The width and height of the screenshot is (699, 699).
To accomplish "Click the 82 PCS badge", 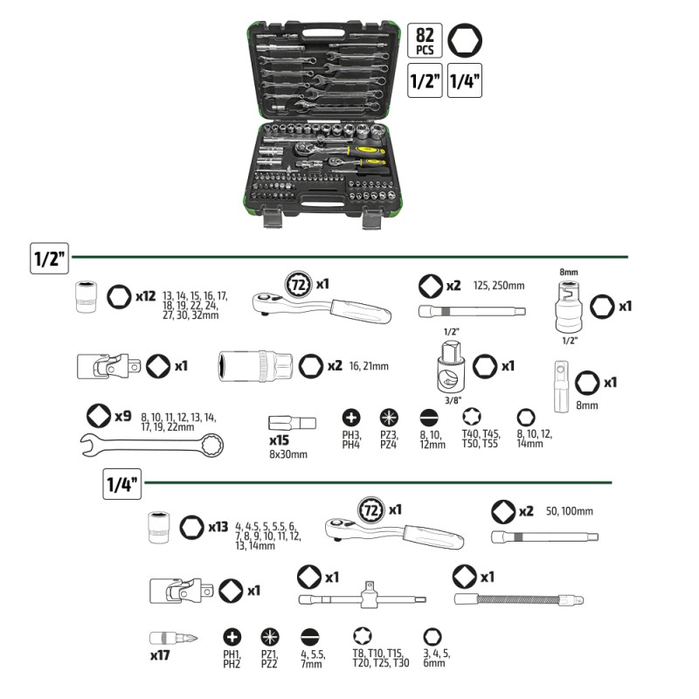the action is [x=425, y=40].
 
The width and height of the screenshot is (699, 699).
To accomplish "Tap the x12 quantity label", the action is [x=146, y=296].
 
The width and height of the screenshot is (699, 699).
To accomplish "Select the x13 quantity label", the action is [x=218, y=527].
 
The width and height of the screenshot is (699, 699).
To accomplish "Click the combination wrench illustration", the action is [x=152, y=445].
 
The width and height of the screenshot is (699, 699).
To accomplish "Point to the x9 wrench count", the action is [x=123, y=417].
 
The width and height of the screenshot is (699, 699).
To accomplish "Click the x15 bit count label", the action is [x=279, y=440].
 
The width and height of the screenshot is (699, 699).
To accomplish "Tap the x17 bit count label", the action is [x=160, y=656].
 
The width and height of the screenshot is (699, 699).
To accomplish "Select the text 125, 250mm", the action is [x=499, y=286].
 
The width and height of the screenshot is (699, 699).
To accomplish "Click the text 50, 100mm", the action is [x=570, y=511].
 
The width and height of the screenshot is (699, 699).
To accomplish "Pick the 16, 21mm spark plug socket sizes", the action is [x=369, y=366].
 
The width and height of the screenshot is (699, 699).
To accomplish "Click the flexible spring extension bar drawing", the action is [x=519, y=599].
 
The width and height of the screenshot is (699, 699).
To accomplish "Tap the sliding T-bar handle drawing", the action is [x=362, y=596].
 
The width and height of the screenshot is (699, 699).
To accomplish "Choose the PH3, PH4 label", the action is [x=351, y=439].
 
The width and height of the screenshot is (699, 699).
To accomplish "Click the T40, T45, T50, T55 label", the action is [x=481, y=439].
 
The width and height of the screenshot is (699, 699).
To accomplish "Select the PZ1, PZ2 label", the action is [x=269, y=659].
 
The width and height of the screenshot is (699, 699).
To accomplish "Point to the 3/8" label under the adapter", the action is [x=453, y=400].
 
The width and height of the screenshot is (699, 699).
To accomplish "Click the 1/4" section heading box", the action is [x=122, y=484].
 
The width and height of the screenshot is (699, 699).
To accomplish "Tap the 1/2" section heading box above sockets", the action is [x=50, y=259].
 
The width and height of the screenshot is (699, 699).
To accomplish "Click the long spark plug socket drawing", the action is [x=255, y=366].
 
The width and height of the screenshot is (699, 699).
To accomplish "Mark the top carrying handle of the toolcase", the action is [x=324, y=33].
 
